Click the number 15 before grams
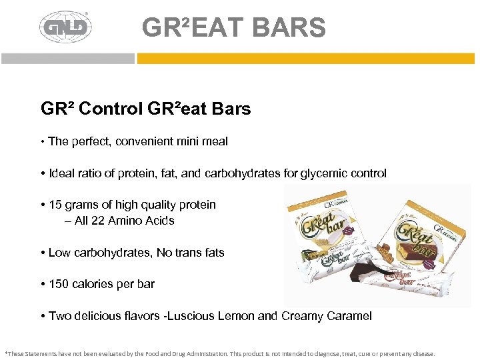(x=56, y=205)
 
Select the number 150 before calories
(x=59, y=284)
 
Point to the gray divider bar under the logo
(x=67, y=59)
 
